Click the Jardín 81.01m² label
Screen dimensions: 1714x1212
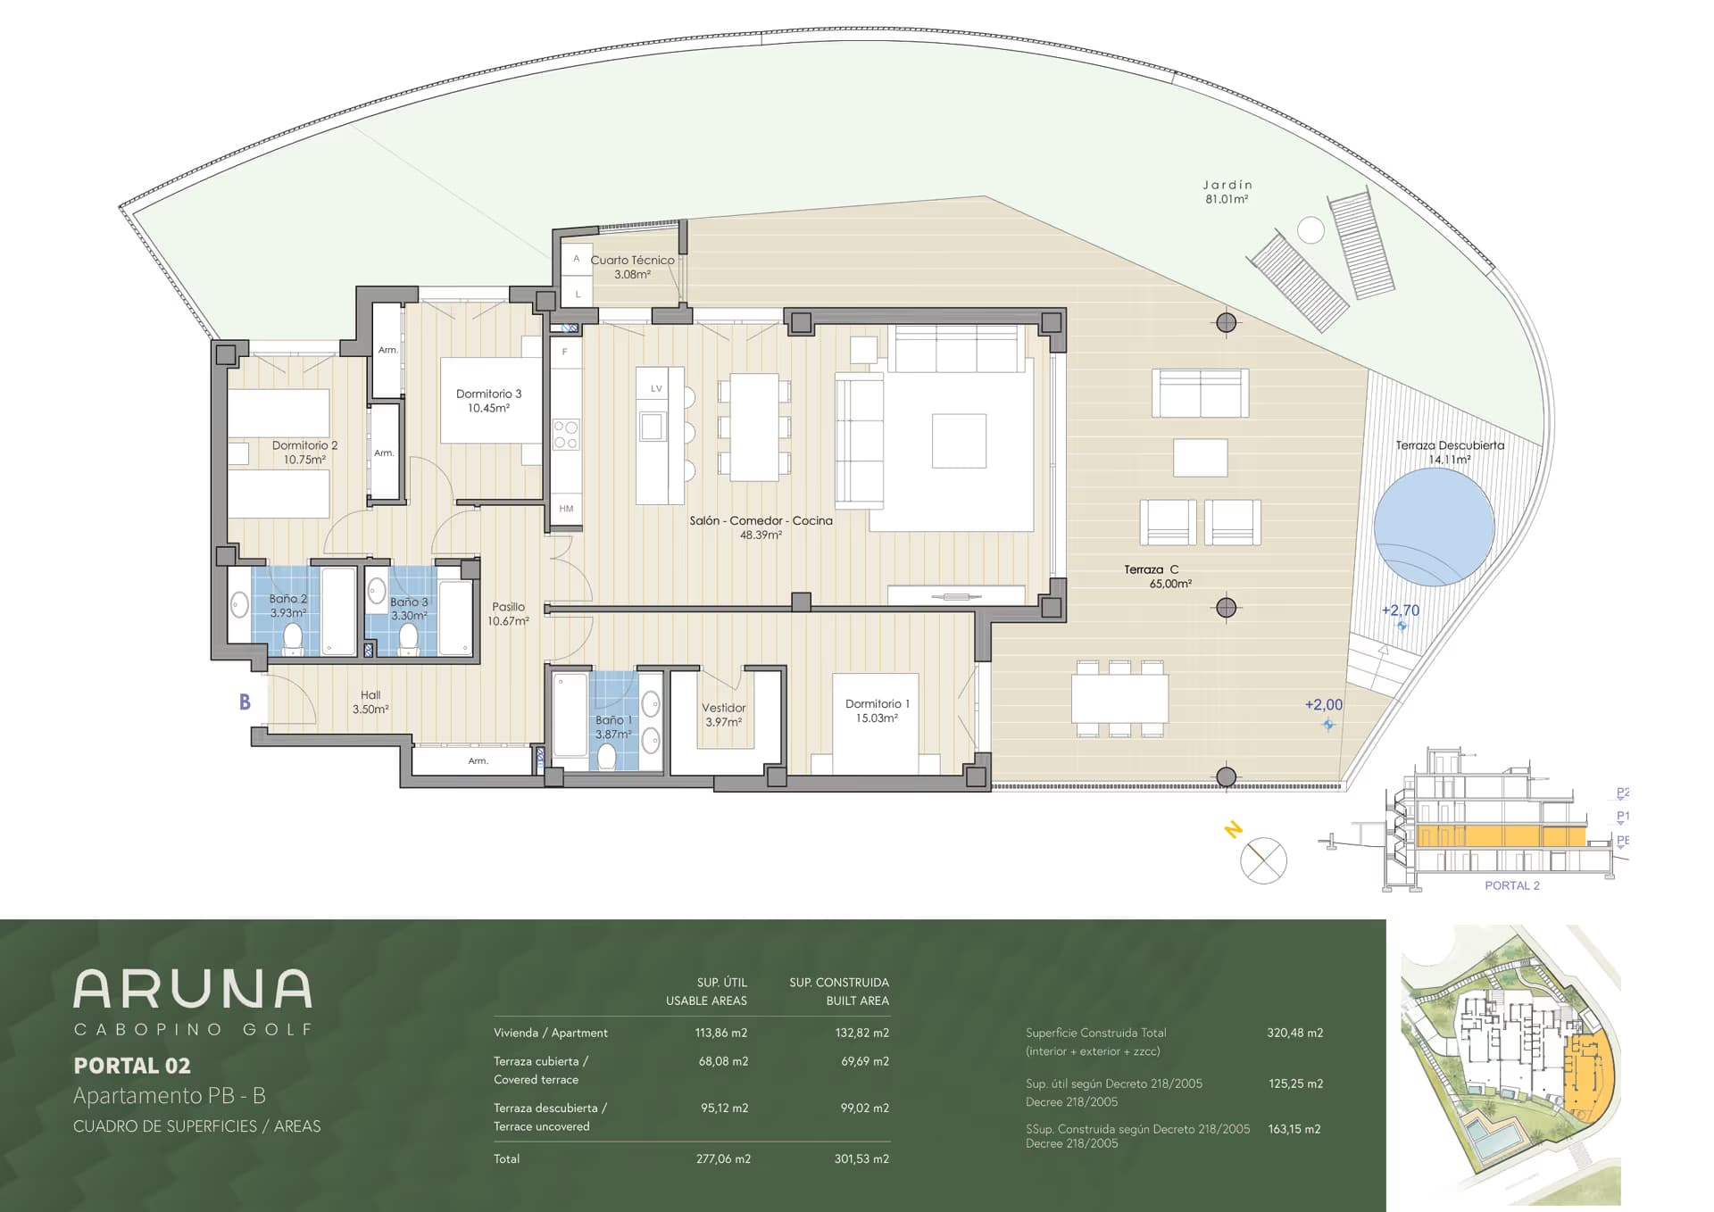(x=1227, y=192)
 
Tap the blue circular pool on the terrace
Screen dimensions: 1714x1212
(x=1434, y=527)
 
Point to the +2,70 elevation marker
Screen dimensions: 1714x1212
(x=1400, y=610)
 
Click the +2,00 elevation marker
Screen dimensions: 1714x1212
(x=1323, y=704)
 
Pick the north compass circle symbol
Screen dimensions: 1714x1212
(x=1263, y=861)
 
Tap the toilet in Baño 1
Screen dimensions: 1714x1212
(x=607, y=757)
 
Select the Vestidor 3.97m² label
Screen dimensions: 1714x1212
(x=723, y=715)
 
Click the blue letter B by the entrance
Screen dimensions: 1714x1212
(x=245, y=702)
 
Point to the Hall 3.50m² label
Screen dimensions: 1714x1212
(x=370, y=702)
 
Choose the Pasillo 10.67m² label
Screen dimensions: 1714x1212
(x=508, y=614)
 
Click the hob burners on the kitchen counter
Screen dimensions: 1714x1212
(x=566, y=435)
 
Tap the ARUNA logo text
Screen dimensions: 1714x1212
(x=193, y=989)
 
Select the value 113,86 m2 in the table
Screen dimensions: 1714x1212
(x=721, y=1033)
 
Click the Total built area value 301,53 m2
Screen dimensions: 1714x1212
(x=861, y=1158)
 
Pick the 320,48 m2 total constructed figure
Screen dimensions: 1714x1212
(x=1294, y=1033)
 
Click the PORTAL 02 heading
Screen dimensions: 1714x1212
(x=132, y=1066)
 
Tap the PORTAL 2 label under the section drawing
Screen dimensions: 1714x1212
(x=1511, y=885)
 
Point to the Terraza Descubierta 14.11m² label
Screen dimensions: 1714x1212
(x=1450, y=452)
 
